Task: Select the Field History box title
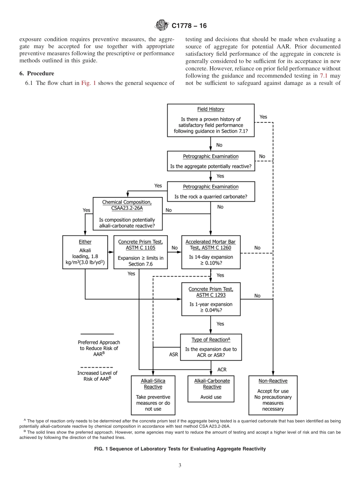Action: point(210,109)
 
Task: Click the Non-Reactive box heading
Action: point(273,381)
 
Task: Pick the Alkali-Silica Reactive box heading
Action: point(153,384)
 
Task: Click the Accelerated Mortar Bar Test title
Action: point(210,245)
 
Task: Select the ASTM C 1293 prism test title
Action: point(211,292)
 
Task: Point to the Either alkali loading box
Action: point(85,252)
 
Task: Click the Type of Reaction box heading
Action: point(211,340)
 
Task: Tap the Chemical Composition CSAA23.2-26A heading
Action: point(127,205)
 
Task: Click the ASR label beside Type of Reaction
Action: point(173,355)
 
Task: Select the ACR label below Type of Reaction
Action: point(222,369)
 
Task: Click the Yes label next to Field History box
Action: point(263,117)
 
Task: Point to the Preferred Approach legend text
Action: point(99,348)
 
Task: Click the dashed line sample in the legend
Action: point(97,367)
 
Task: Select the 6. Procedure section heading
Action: point(37,74)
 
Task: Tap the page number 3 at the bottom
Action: point(180,465)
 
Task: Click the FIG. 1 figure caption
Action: point(180,449)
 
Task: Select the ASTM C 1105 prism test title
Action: point(141,245)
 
